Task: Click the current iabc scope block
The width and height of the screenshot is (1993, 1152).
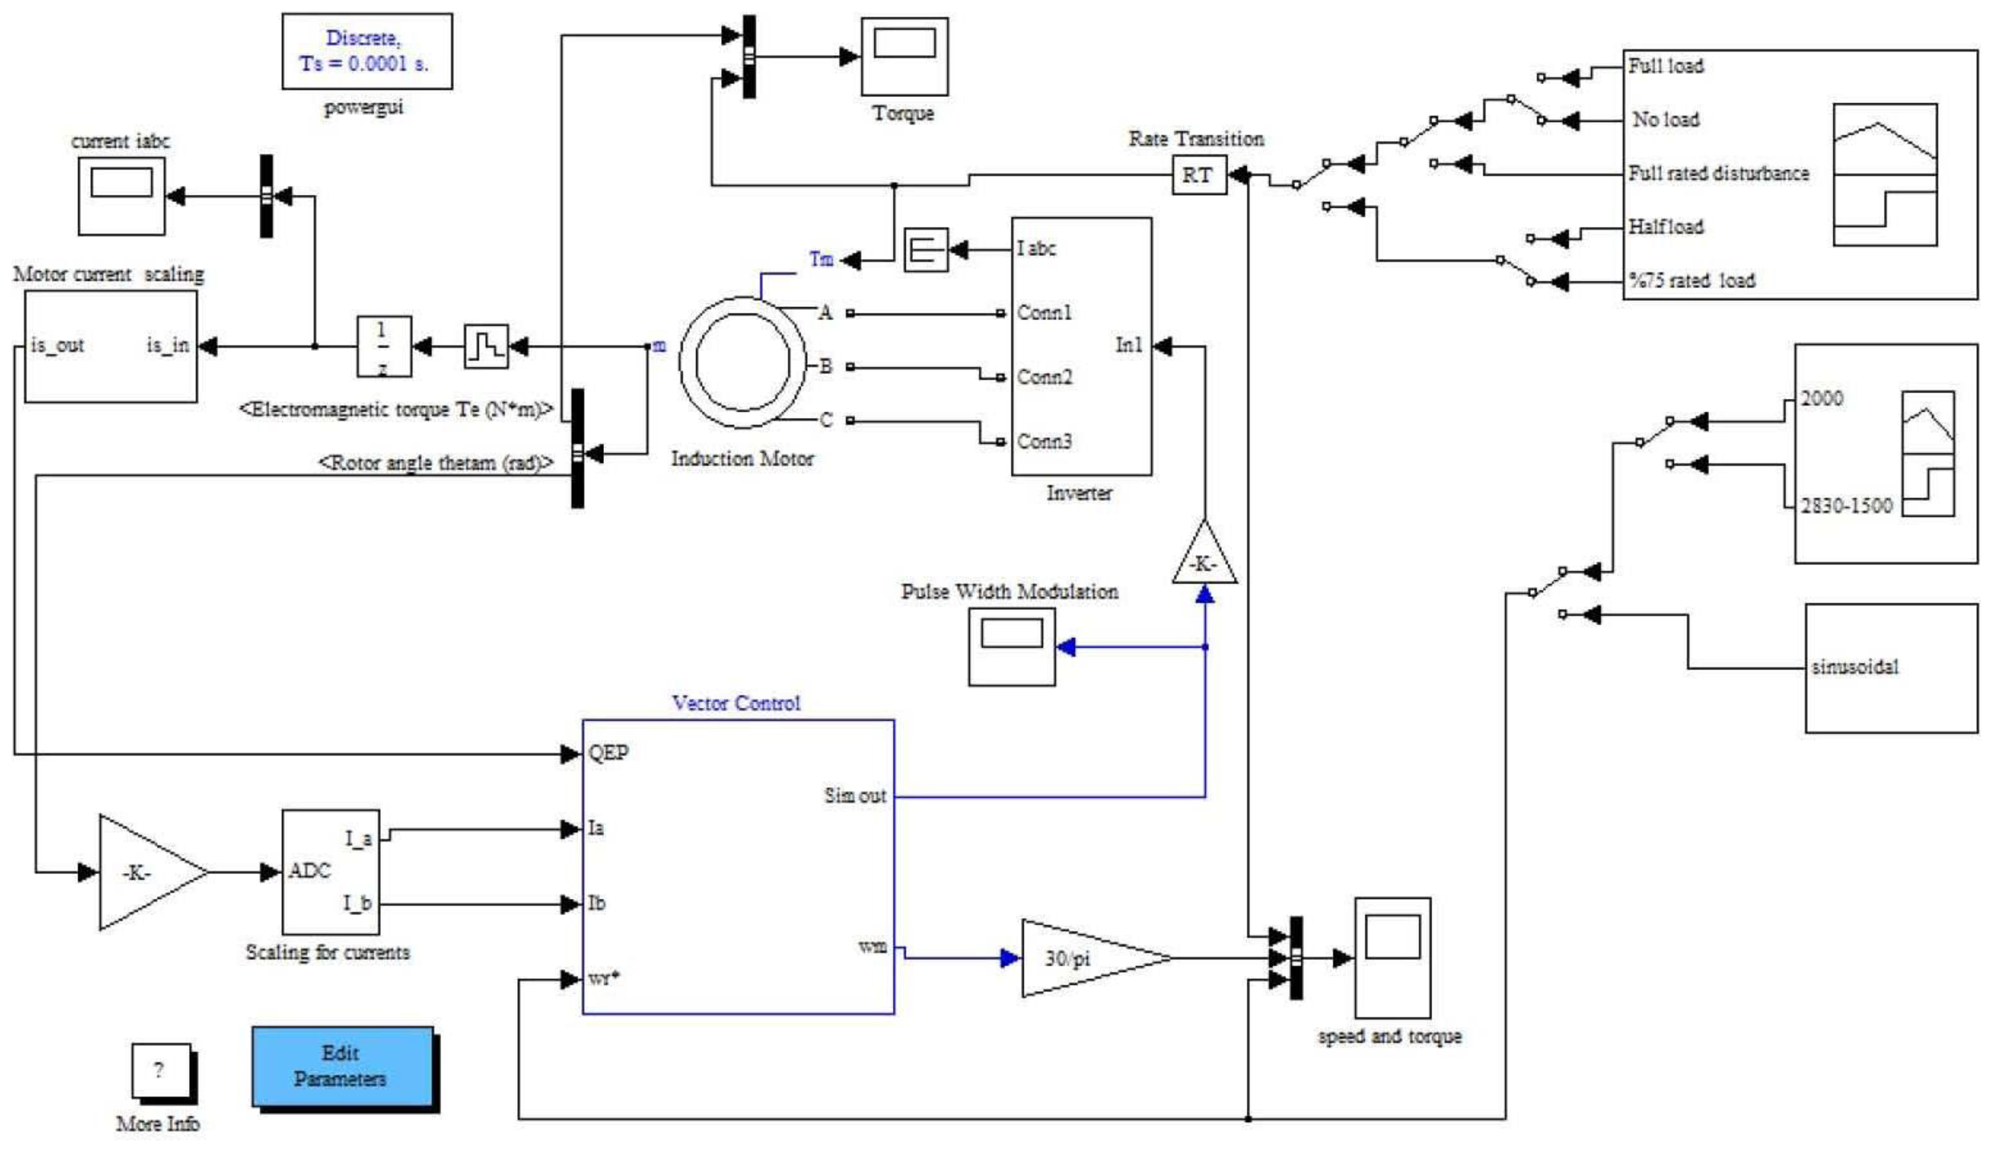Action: (121, 195)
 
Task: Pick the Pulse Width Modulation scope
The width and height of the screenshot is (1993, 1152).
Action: (1012, 646)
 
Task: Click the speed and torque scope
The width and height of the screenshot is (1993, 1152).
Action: (1392, 957)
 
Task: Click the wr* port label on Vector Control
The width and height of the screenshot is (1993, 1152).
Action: (604, 978)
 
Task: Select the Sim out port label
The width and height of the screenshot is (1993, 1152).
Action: (855, 796)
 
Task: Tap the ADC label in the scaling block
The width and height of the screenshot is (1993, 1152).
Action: (309, 871)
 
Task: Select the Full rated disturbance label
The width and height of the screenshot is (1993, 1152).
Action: (1718, 173)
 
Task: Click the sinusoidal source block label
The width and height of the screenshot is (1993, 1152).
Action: (1855, 667)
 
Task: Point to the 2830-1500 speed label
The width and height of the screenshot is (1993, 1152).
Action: (1846, 505)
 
